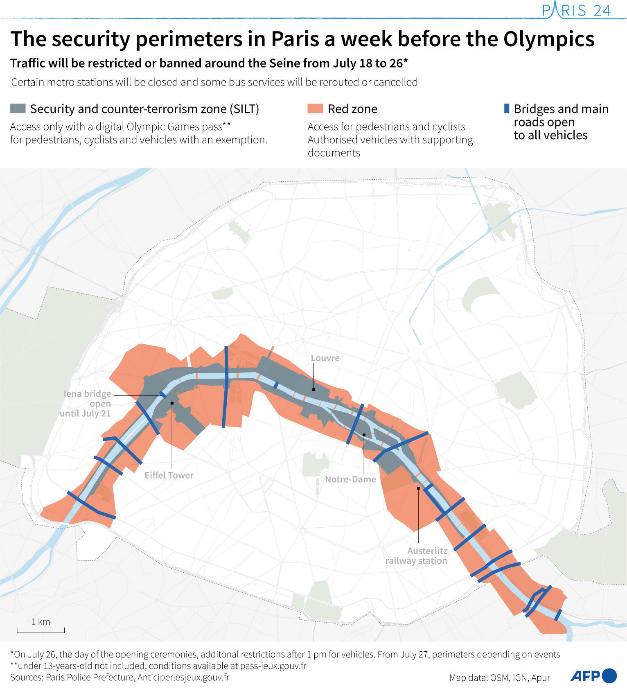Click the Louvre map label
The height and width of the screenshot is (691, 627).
(325, 358)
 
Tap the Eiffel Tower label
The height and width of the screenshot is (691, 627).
(169, 475)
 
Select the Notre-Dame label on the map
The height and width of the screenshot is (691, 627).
(350, 479)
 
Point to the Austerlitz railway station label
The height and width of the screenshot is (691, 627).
(416, 556)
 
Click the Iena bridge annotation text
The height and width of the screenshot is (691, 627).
(86, 404)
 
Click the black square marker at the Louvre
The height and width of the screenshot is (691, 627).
(313, 390)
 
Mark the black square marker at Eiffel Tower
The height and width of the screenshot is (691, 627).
(172, 403)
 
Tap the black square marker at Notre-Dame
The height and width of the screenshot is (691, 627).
(364, 435)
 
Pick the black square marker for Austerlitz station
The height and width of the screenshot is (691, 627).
(418, 488)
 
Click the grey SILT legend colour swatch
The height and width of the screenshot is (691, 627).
(18, 108)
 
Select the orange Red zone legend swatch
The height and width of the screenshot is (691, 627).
(315, 108)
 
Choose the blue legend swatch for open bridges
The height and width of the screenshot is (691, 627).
(507, 108)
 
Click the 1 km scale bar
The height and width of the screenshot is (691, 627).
(41, 631)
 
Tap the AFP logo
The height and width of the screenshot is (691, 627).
(593, 676)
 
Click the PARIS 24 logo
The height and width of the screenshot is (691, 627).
(577, 10)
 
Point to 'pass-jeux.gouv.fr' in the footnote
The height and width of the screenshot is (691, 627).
(273, 666)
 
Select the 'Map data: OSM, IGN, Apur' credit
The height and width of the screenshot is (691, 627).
(499, 678)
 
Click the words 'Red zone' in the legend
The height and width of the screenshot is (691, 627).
(352, 109)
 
